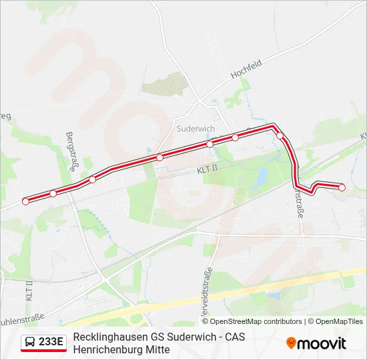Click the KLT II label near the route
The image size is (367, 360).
[x=208, y=171]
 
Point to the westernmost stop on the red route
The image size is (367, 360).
[x=26, y=201]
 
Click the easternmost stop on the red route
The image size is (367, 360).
[x=342, y=187]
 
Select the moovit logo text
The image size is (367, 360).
[x=322, y=343]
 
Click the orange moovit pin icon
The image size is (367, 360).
[x=291, y=343]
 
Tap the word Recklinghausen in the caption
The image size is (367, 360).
[x=107, y=337]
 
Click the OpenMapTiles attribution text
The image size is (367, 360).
[x=340, y=321]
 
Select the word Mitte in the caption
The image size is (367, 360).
[x=157, y=349]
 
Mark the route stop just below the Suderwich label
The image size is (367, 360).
[x=210, y=144]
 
